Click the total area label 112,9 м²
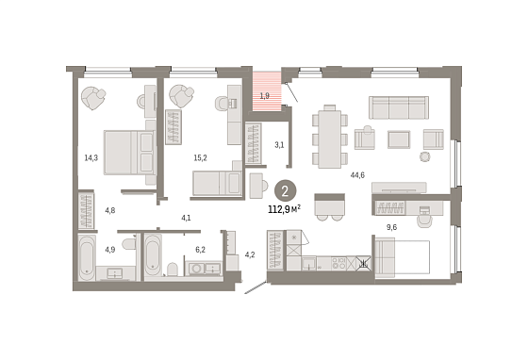click(x=284, y=209)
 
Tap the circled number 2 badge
click(x=285, y=191)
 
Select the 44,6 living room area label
click(x=357, y=175)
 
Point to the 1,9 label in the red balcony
click(x=264, y=96)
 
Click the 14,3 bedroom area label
click(x=91, y=157)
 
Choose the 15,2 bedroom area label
click(x=200, y=157)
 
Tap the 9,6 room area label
click(x=391, y=227)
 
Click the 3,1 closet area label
click(x=279, y=145)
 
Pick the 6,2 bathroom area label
click(x=200, y=250)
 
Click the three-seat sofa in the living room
click(x=399, y=107)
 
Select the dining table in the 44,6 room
click(x=330, y=139)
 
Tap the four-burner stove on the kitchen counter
click(x=338, y=263)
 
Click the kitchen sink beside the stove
click(x=309, y=263)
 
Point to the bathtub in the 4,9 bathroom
click(x=87, y=257)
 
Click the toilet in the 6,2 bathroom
click(x=173, y=270)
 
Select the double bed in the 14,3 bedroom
click(x=128, y=153)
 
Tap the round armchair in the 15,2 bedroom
click(x=181, y=95)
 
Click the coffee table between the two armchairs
click(x=399, y=139)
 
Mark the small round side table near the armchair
click(x=425, y=156)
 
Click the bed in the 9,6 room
click(x=402, y=257)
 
